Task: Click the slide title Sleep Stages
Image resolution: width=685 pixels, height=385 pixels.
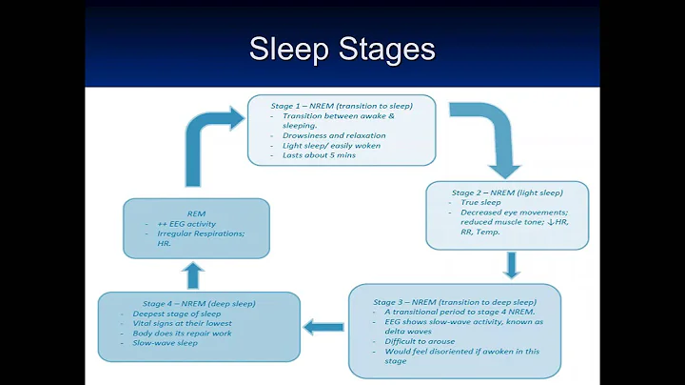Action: [342, 49]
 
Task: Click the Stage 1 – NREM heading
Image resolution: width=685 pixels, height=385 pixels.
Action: [342, 105]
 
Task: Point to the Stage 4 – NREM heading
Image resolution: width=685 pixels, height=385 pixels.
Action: [199, 303]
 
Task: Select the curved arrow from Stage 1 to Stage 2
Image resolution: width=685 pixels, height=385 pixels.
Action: [495, 138]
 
